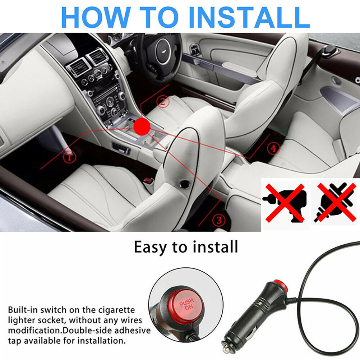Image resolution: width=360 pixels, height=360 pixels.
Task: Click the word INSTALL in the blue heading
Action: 250,18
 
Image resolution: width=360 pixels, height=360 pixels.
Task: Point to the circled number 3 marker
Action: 219,220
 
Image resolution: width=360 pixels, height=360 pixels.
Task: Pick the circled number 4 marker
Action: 273,148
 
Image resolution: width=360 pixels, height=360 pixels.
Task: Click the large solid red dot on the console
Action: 142,126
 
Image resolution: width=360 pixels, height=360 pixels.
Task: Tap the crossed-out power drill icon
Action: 285,203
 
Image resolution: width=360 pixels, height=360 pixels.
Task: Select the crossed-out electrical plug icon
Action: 336,202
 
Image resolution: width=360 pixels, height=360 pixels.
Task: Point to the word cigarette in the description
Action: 117,310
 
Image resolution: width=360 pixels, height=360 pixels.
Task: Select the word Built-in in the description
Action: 23,310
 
